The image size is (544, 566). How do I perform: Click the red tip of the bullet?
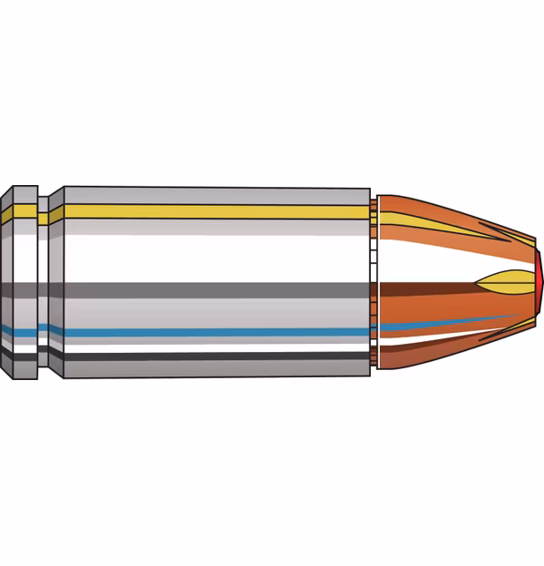539,280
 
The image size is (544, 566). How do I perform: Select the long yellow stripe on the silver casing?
218,212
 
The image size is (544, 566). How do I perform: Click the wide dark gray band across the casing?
218,291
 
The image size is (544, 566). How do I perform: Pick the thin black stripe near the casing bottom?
218,357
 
